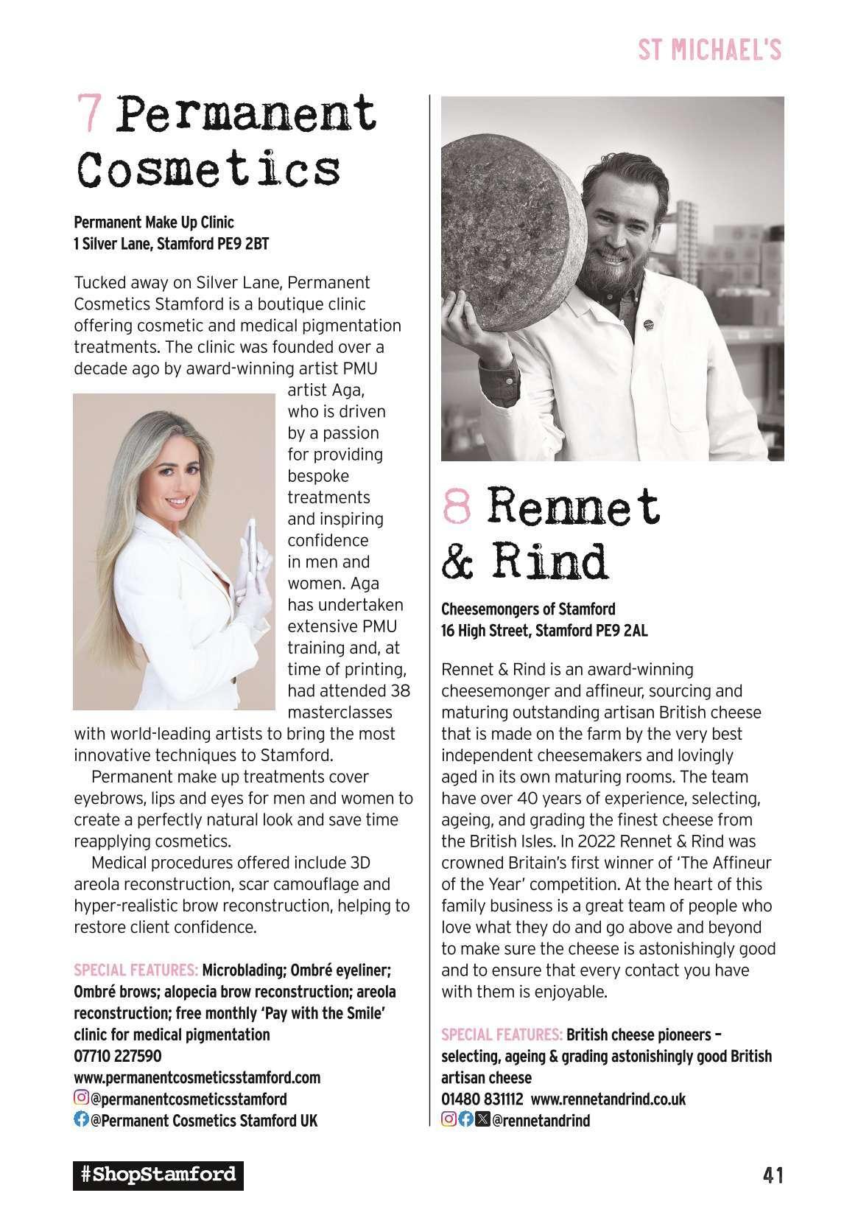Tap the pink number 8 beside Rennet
pos(457,506)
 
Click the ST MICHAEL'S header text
pos(708,51)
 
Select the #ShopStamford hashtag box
pos(158,1175)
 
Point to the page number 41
pos(772,1175)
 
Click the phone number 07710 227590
pos(118,1056)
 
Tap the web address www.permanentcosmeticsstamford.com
pos(197,1077)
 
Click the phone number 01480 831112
pos(482,1099)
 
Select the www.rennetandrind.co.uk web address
pos(608,1099)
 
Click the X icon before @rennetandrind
pos(482,1120)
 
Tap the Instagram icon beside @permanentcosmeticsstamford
pos(81,1099)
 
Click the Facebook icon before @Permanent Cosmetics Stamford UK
pos(81,1120)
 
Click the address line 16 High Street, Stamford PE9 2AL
pos(544,631)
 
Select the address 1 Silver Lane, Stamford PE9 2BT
pos(172,244)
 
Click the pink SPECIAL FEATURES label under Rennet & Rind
pos(502,1035)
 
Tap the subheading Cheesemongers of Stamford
pos(528,609)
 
